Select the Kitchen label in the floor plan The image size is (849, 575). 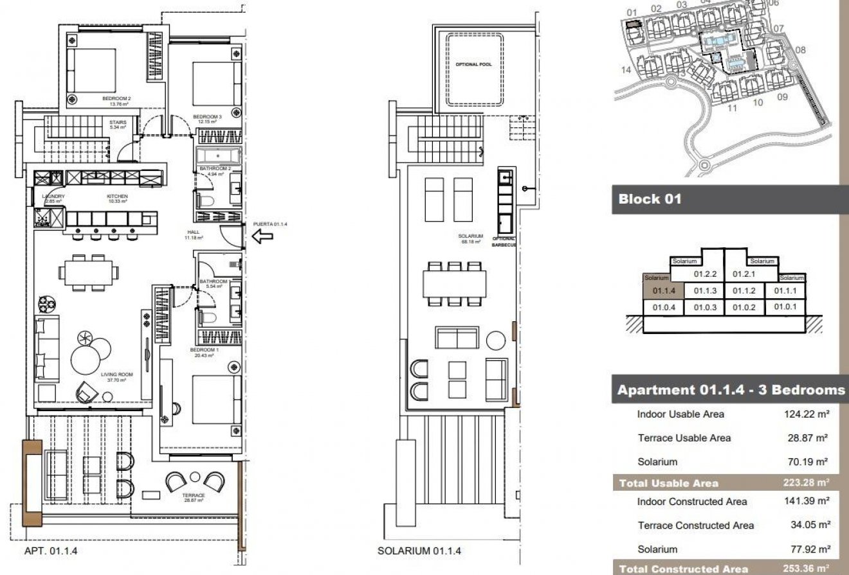point(118,197)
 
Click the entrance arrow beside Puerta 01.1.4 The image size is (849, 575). point(263,237)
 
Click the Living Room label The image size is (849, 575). point(116,375)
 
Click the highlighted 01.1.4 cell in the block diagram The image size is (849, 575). point(666,291)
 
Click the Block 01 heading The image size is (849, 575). point(650,199)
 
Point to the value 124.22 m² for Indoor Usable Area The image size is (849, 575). point(807,414)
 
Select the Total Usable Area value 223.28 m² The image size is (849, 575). point(807,483)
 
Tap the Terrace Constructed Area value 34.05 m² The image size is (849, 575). point(809,526)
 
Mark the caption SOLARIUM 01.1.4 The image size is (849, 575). point(419,551)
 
